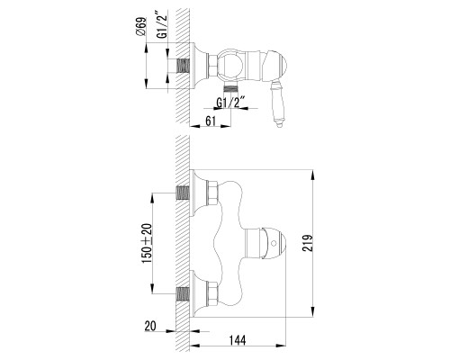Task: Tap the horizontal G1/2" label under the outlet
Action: [231, 101]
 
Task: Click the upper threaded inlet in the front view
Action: [185, 193]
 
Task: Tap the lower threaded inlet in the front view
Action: [185, 292]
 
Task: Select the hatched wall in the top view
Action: [179, 36]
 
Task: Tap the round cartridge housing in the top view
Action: [233, 65]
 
